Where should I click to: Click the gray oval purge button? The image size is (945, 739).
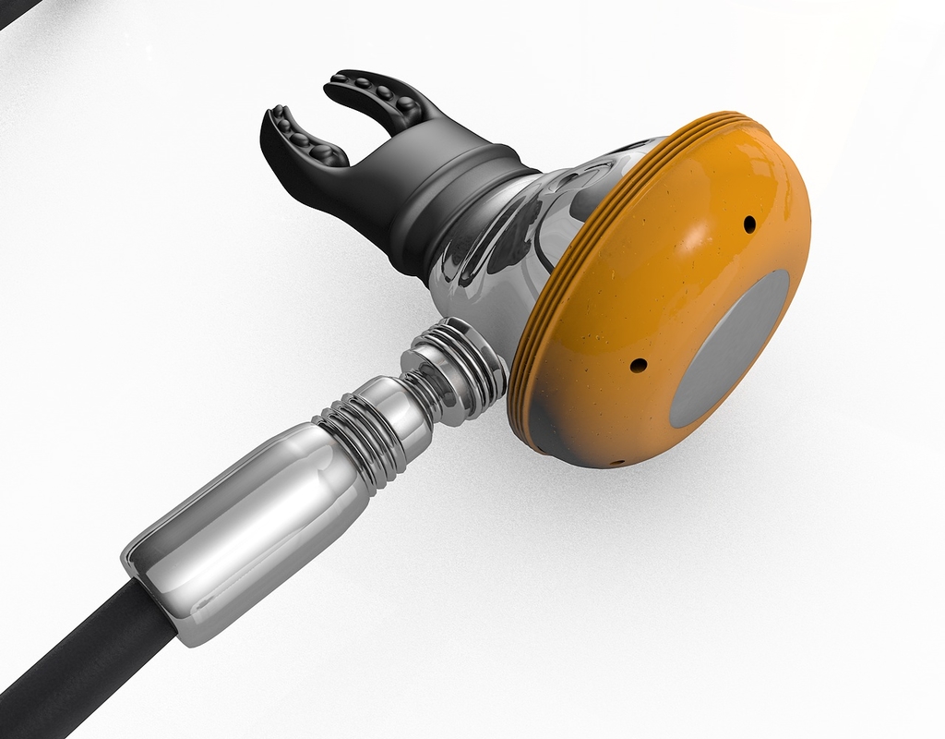(730, 349)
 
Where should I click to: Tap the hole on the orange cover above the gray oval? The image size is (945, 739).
(749, 224)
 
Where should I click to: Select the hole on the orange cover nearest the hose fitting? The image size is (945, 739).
(638, 365)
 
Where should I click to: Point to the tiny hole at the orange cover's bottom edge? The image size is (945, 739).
(617, 461)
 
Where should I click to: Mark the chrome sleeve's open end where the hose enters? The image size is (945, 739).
(152, 600)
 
